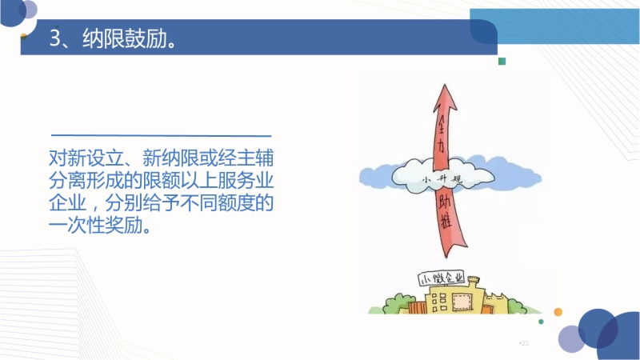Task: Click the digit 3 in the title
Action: tap(55, 38)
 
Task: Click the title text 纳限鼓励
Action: tap(125, 38)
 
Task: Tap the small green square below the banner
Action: tap(502, 62)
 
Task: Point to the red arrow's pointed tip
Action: tap(445, 85)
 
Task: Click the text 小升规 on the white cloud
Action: tap(442, 179)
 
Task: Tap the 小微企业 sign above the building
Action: tap(442, 278)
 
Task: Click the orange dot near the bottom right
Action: tap(558, 312)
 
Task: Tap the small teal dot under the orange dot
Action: tap(542, 322)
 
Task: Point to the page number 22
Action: tap(525, 343)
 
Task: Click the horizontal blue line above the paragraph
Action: tap(162, 135)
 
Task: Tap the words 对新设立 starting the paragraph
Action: tap(86, 158)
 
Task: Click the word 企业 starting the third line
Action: tap(68, 203)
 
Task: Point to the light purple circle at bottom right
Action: tap(571, 338)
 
